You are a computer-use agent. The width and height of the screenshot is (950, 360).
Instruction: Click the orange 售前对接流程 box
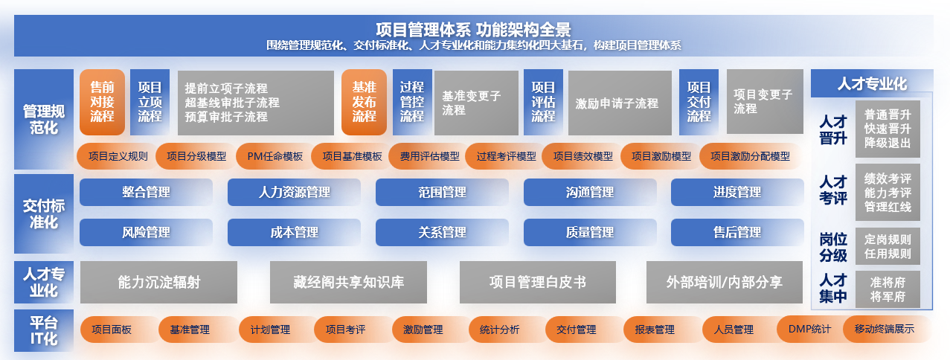102,102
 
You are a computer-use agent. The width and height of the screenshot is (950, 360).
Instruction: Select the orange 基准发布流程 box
364,102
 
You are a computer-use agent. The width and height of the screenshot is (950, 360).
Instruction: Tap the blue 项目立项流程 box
150,102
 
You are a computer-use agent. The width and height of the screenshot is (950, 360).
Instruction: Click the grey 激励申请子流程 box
620,103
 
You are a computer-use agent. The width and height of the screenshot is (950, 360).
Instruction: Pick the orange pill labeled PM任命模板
275,156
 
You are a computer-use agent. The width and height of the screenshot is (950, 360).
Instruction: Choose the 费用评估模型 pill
429,156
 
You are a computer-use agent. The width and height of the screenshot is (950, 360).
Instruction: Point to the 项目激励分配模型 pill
750,156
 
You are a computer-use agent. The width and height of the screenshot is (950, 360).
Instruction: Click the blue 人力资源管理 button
294,192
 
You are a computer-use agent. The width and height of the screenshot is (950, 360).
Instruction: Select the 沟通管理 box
590,192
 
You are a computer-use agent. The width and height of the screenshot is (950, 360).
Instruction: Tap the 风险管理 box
146,232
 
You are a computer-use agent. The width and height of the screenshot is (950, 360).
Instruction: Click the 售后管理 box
737,232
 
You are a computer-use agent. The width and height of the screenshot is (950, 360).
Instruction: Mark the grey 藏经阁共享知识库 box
348,283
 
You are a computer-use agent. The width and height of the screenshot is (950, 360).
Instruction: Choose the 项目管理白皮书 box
538,283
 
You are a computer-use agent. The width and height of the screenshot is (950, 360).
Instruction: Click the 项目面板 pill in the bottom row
112,330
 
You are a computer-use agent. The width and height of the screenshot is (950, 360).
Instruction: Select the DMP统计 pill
809,329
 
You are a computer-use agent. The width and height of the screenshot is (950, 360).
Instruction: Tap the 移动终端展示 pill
885,329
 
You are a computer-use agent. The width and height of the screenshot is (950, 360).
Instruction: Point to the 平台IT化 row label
44,331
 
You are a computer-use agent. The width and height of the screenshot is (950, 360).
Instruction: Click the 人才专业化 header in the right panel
872,83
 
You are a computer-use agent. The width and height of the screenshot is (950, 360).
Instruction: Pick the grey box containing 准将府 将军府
888,289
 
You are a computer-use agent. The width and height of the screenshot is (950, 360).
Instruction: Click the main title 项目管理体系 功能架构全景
473,30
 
